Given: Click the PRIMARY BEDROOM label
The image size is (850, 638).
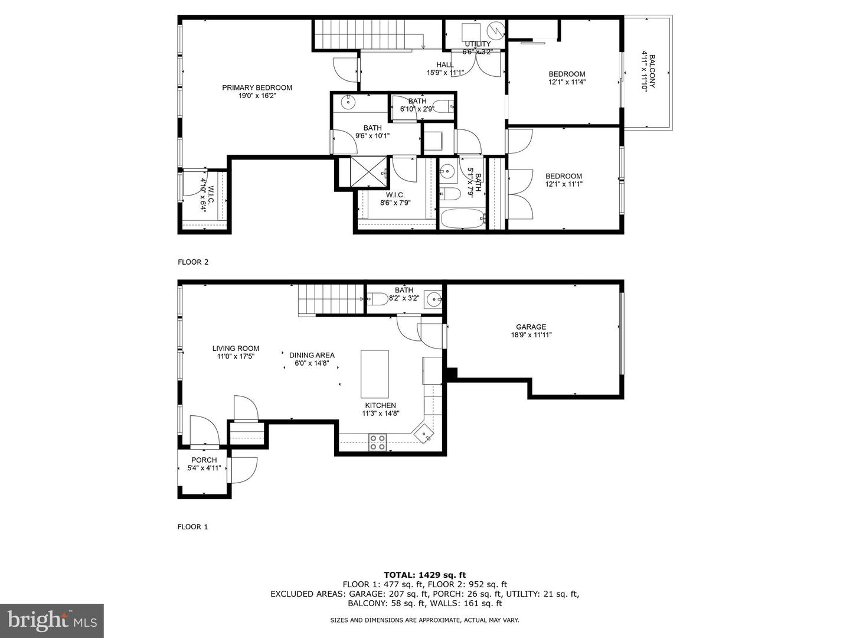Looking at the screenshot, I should coord(257,88).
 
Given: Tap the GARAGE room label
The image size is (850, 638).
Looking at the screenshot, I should coord(531,327).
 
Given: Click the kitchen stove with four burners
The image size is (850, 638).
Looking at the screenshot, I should coord(377,442).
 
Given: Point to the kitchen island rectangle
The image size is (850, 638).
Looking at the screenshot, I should coord(375,374).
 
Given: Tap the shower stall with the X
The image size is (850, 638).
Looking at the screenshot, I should coord(368,172).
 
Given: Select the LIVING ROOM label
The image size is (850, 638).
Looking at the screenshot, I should coord(236,349).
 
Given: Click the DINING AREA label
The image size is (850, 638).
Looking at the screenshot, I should coord(312,355).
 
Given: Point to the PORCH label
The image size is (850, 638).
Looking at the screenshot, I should coord(204,460).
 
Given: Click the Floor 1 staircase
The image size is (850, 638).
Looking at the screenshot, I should coord(330,298).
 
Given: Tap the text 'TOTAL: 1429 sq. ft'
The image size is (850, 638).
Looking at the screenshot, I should coord(424,574).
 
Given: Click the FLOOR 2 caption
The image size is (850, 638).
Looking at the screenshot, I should coord(193,262).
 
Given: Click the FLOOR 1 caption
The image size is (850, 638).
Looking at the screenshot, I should coord(193,527).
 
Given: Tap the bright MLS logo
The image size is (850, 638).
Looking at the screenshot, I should coord(52,620).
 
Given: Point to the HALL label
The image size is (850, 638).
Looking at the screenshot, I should coord(445,65).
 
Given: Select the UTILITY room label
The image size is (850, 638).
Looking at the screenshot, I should coord(477,44).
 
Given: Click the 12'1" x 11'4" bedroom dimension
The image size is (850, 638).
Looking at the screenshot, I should coord(566,82).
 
